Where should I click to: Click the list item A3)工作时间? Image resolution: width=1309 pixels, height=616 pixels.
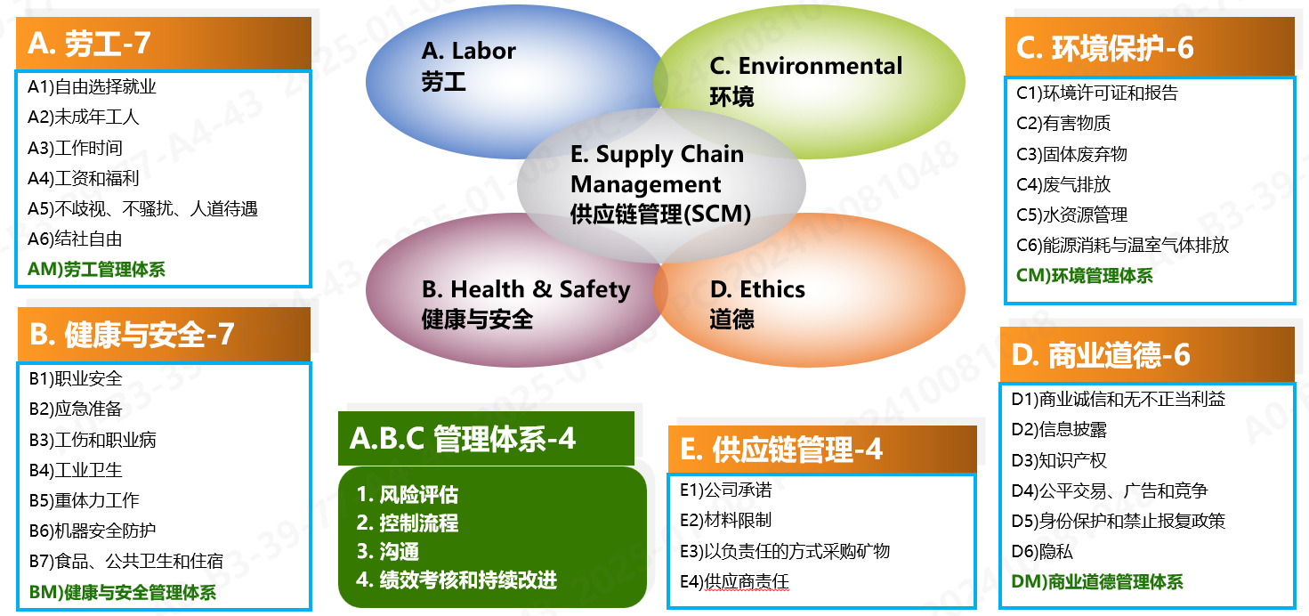[75, 148]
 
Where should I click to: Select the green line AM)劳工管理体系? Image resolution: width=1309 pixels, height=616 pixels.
[96, 270]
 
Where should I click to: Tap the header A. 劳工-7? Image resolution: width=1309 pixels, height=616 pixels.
[89, 43]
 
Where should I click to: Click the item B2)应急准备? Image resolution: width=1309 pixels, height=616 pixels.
[75, 409]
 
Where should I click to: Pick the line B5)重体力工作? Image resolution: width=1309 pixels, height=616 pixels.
[84, 500]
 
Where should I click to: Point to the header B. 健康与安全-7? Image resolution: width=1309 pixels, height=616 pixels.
[132, 335]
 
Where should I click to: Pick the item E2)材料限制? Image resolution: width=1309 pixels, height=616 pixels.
[725, 521]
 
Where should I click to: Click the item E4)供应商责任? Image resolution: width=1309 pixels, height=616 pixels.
[734, 582]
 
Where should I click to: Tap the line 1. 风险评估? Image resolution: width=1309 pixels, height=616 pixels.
[408, 495]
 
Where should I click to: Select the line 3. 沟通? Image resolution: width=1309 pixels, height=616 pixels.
[388, 552]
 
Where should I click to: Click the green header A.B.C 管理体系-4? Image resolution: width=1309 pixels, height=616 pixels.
[463, 438]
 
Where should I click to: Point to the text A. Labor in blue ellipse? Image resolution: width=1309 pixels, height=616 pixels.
[468, 52]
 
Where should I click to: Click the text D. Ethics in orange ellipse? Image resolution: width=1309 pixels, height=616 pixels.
[757, 289]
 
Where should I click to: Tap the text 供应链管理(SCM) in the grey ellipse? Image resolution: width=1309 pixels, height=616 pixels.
[660, 215]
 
